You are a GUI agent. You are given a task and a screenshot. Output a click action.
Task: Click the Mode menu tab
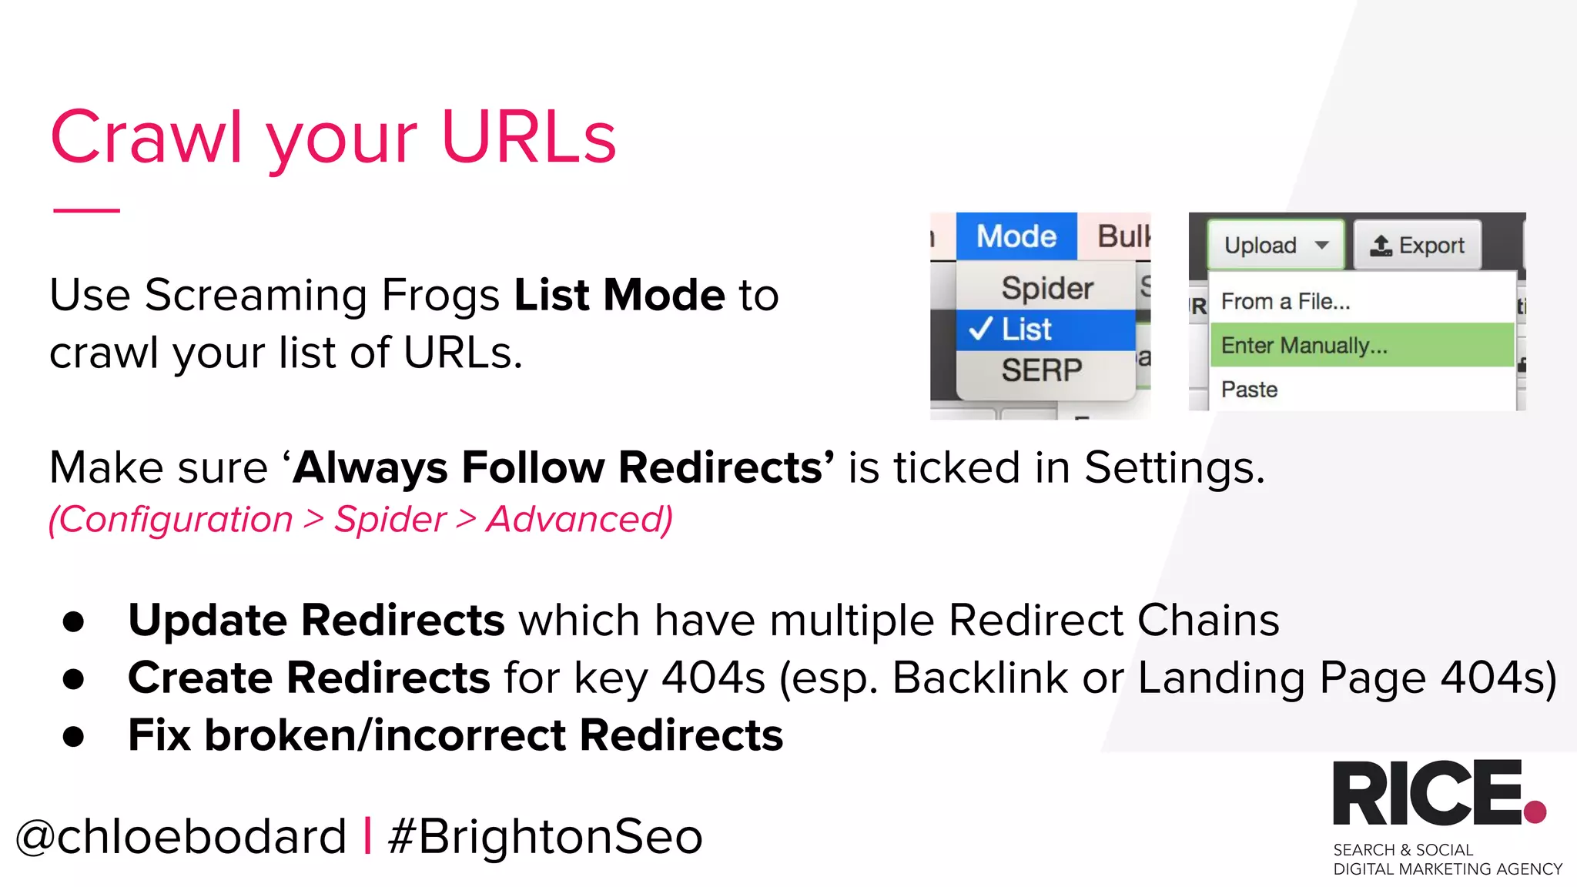(1016, 236)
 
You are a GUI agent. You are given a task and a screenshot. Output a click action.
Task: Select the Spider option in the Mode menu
(1046, 288)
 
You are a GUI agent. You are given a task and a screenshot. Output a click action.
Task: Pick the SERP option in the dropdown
(1041, 370)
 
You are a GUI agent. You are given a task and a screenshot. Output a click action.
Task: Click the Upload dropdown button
(1275, 246)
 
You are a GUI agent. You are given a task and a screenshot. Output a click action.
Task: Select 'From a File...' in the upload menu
(1285, 301)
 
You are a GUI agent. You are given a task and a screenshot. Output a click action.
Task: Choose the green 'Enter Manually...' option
(1304, 345)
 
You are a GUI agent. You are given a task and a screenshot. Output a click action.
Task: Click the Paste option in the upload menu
(1249, 390)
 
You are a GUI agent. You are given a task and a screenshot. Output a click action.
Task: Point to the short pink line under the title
(86, 209)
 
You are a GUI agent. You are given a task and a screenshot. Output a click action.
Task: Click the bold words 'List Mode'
(619, 295)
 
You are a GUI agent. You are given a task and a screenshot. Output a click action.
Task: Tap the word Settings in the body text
(1174, 467)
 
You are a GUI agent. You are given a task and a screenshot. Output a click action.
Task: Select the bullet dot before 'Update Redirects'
(74, 621)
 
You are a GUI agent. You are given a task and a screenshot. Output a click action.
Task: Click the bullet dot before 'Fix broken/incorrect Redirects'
(74, 736)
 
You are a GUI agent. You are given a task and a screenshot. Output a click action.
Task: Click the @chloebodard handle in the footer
(182, 837)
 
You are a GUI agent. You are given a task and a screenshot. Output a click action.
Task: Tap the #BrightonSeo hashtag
(545, 837)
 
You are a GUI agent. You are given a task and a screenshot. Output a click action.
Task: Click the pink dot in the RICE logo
(1535, 812)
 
